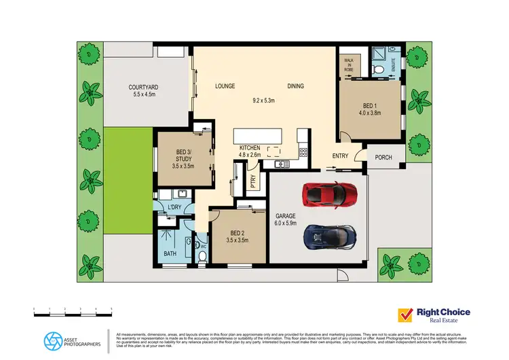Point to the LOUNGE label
click(x=225, y=86)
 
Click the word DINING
click(x=295, y=86)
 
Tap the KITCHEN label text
click(x=250, y=147)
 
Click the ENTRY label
click(x=340, y=156)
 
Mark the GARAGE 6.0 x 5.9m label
click(x=286, y=219)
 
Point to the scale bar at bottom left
click(x=72, y=310)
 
